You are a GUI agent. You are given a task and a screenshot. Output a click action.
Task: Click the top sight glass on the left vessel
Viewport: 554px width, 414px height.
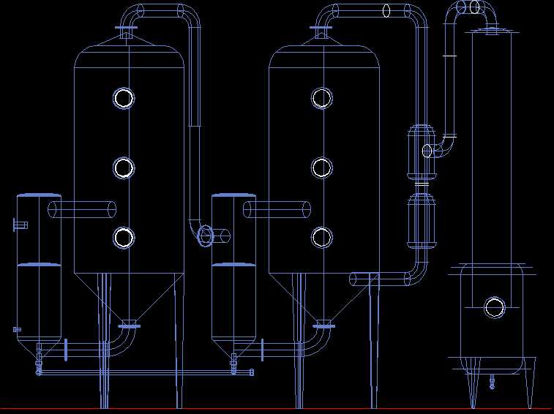click(x=124, y=98)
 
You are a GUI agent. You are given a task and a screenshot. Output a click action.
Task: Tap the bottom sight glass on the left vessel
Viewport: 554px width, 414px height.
click(x=124, y=237)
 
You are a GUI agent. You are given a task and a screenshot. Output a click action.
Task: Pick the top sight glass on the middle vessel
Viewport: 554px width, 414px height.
click(x=321, y=98)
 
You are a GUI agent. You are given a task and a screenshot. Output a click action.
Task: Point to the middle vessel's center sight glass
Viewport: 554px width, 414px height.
click(x=321, y=168)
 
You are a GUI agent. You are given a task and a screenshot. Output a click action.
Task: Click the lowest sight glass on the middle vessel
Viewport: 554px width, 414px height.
click(x=321, y=236)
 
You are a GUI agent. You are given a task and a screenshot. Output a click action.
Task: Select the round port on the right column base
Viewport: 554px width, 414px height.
click(x=495, y=307)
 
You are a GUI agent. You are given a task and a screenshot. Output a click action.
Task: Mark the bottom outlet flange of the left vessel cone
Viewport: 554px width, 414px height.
click(x=129, y=325)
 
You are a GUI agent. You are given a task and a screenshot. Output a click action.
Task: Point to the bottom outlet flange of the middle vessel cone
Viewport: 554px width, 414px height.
click(x=323, y=325)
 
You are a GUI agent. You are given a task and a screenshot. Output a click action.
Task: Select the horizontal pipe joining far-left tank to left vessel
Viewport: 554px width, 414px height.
click(x=82, y=210)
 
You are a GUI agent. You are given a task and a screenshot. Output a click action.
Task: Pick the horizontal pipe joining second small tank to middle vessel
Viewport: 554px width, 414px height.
click(x=277, y=210)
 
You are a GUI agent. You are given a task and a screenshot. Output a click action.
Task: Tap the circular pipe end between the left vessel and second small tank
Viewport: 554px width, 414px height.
click(x=205, y=235)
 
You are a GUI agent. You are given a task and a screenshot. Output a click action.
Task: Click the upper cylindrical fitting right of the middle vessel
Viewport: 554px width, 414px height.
click(x=422, y=152)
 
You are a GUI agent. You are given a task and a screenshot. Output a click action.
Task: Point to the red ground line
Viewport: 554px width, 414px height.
click(x=277, y=408)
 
